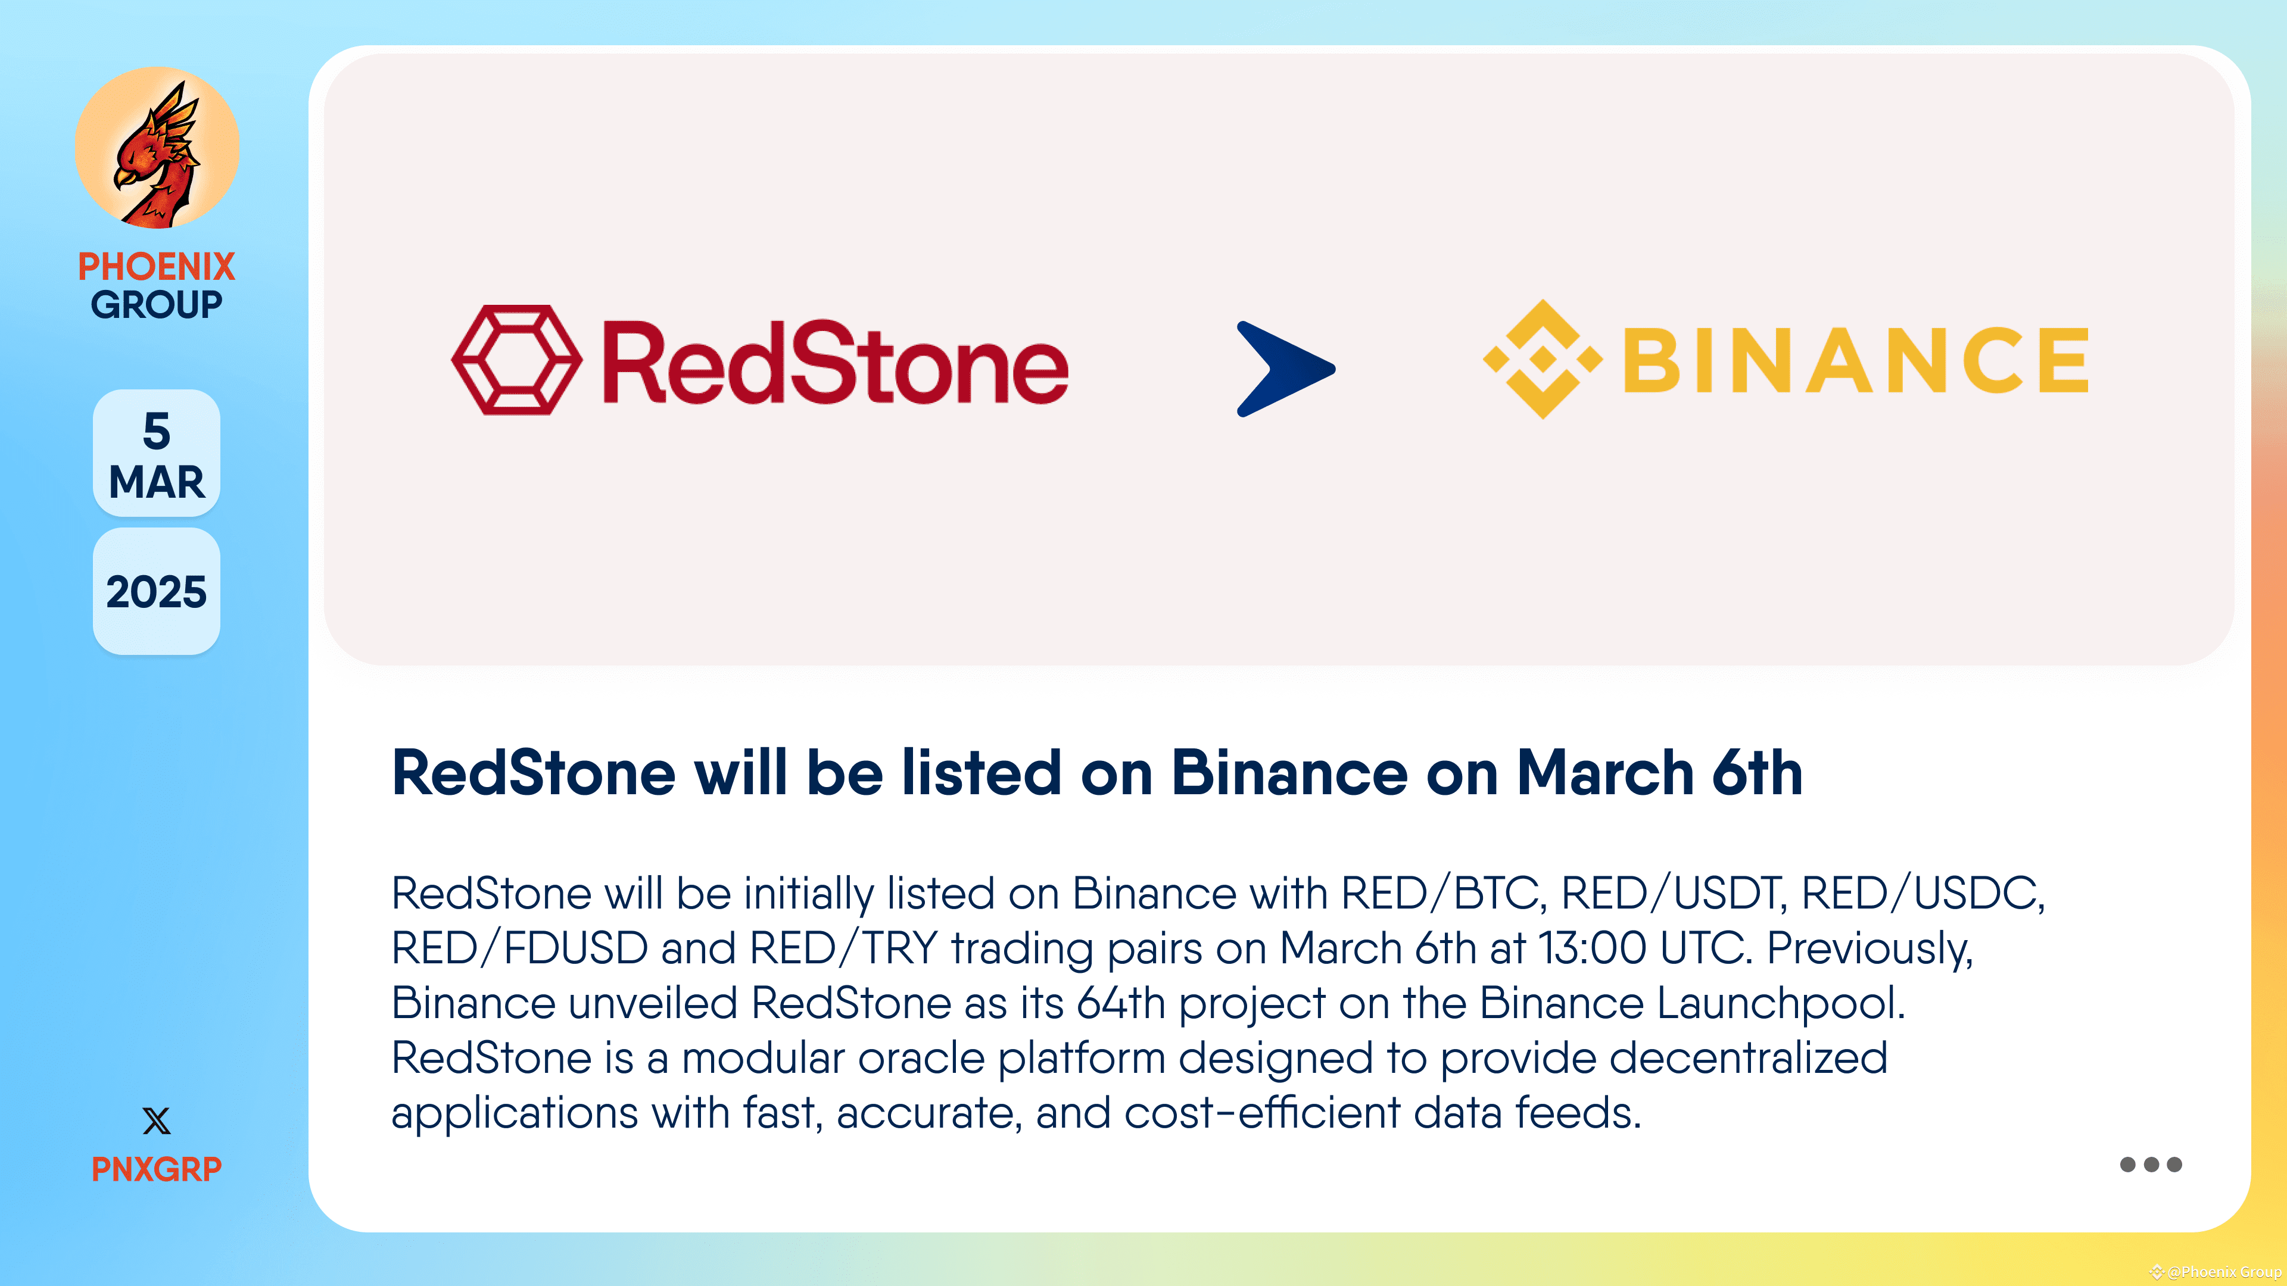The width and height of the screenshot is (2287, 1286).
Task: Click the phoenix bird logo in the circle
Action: (x=157, y=148)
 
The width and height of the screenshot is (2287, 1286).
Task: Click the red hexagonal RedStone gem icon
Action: (x=517, y=360)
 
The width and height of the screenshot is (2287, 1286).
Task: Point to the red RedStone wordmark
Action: (x=834, y=364)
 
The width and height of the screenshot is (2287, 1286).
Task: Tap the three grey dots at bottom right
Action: (x=2150, y=1165)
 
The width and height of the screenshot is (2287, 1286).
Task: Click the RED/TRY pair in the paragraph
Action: (x=843, y=949)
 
